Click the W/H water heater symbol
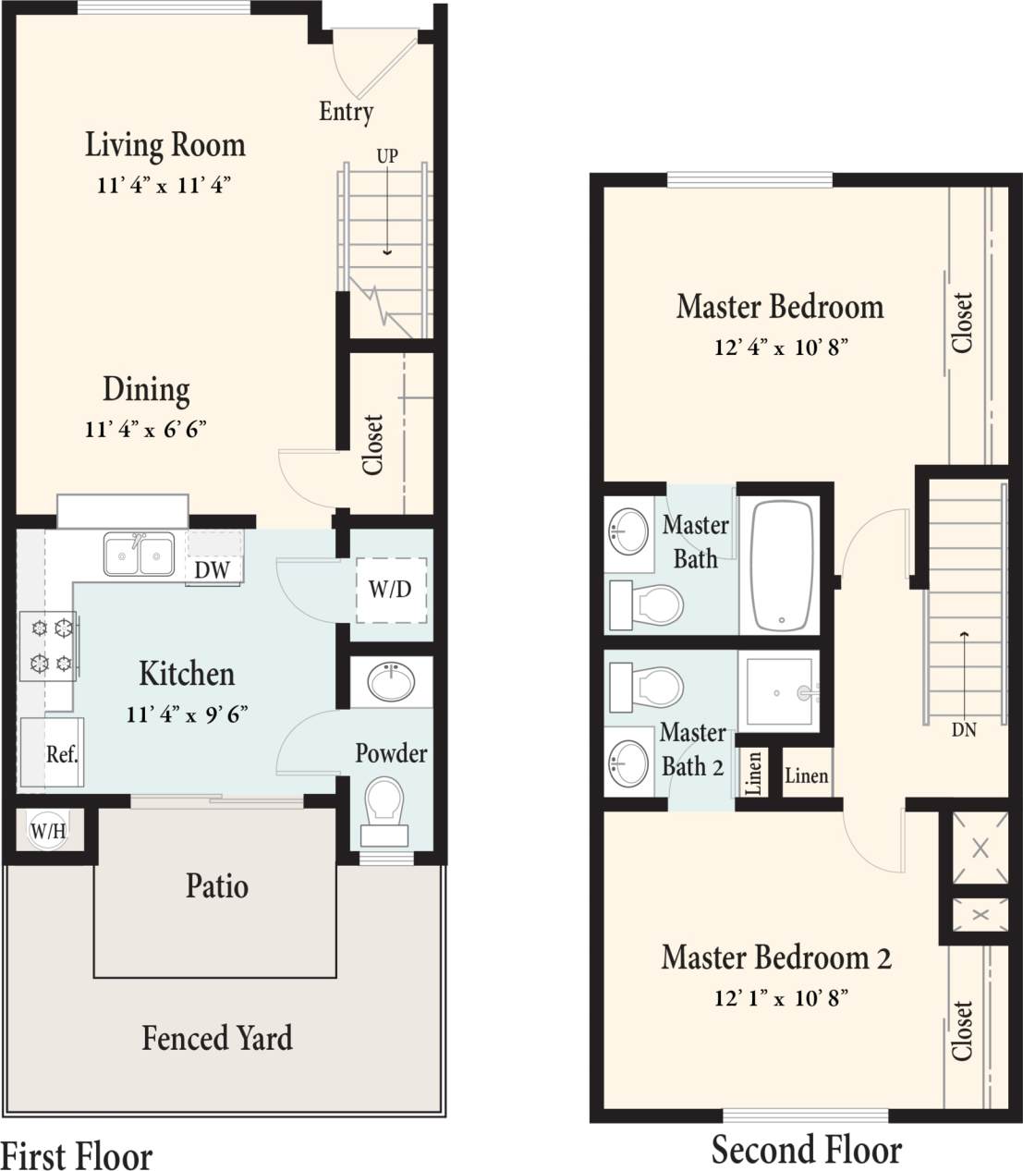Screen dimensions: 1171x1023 click(x=48, y=830)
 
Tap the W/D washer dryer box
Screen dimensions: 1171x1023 click(x=391, y=589)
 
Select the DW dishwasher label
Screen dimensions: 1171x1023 click(x=212, y=569)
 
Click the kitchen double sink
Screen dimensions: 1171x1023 click(x=140, y=555)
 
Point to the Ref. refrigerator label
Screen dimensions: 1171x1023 click(x=62, y=754)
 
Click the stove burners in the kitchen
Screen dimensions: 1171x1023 click(x=52, y=645)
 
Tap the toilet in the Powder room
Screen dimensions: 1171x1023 click(x=384, y=802)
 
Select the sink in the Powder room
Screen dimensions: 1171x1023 click(x=391, y=682)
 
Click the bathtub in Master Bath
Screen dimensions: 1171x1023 click(x=782, y=565)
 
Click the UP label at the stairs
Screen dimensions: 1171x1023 click(x=386, y=156)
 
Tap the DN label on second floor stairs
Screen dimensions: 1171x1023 click(x=964, y=729)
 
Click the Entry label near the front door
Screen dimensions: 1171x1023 click(x=346, y=112)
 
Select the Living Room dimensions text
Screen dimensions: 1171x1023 click(x=163, y=185)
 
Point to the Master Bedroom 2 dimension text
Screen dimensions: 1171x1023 click(x=781, y=998)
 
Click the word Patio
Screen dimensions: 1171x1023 click(x=216, y=885)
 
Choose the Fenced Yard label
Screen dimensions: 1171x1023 click(x=217, y=1038)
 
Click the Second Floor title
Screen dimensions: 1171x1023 click(x=806, y=1150)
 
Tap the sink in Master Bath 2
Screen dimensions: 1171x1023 click(x=629, y=763)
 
